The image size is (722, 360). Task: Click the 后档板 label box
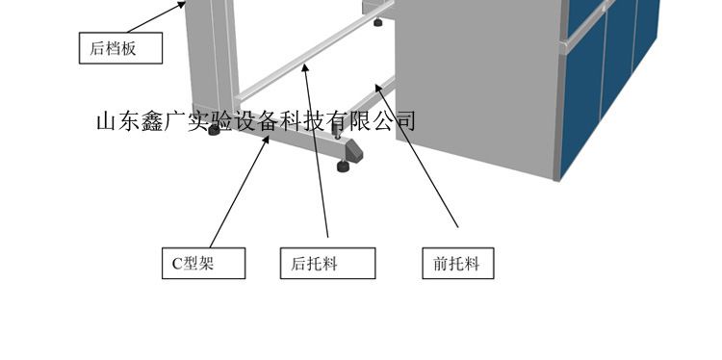point(120,48)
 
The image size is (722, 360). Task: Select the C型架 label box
point(203,264)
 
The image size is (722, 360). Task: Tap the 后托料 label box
point(328,264)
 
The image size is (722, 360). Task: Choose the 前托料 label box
point(458,264)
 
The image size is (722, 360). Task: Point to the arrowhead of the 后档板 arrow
point(183,4)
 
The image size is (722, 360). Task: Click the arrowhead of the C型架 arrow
point(266,139)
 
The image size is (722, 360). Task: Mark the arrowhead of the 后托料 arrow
point(304,67)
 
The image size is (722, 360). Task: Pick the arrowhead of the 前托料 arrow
point(378,87)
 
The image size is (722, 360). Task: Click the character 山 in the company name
point(106,121)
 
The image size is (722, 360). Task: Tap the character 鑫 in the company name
point(152,121)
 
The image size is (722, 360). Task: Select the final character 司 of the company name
point(406,120)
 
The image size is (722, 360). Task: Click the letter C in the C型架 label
point(177,264)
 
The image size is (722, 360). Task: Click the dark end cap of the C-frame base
point(353,152)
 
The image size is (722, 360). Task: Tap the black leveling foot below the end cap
point(343,166)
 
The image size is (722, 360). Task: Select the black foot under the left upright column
point(214,130)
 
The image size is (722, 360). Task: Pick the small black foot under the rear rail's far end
point(378,21)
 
